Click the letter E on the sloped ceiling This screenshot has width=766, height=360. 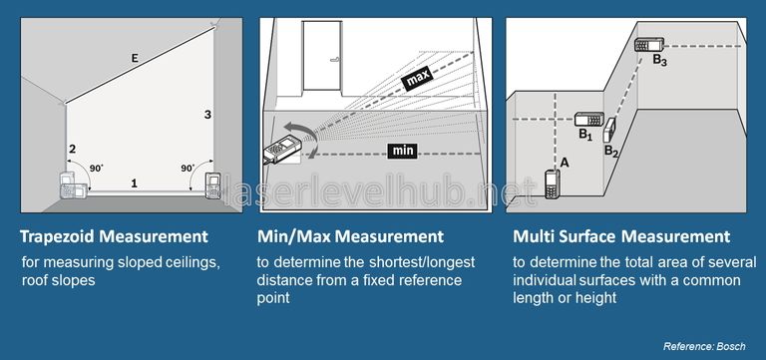tap(135, 60)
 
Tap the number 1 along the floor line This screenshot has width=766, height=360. tap(135, 181)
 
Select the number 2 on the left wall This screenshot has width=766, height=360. tap(72, 150)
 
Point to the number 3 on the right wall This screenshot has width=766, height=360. tap(206, 115)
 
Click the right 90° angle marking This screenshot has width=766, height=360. tap(188, 169)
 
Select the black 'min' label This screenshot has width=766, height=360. tap(402, 151)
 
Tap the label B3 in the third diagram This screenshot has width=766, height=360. tap(659, 61)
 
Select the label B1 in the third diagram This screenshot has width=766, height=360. tap(585, 134)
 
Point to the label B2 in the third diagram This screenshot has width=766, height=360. tap(611, 152)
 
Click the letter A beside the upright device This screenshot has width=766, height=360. tap(565, 161)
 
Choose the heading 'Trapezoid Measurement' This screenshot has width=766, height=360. tap(115, 236)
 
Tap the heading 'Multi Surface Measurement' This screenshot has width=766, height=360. tap(621, 236)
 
